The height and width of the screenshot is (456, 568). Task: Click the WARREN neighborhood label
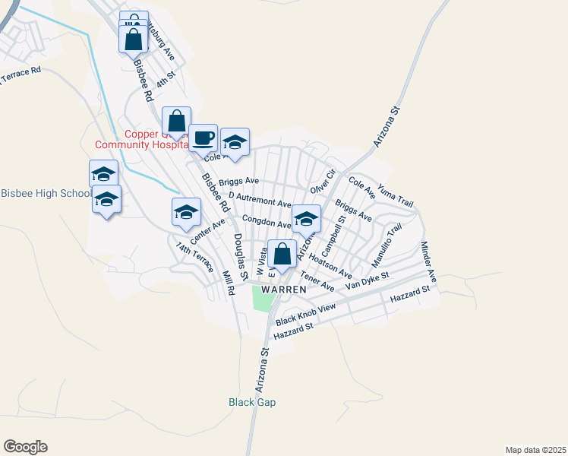click(283, 290)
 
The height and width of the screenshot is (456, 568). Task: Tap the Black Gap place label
click(252, 402)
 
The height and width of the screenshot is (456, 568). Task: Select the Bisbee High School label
click(46, 193)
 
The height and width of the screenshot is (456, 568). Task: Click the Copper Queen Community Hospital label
click(141, 139)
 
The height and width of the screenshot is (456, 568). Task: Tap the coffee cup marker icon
click(203, 138)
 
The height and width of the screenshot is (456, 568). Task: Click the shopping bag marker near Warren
click(282, 255)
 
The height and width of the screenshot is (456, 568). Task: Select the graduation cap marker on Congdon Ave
click(306, 219)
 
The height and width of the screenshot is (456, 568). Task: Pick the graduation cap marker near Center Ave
click(186, 213)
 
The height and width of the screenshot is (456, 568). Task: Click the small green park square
click(263, 300)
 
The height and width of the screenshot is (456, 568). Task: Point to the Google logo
click(25, 447)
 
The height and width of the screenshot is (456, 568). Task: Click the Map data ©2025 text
click(535, 449)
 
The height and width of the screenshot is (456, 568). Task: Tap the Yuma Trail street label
click(396, 197)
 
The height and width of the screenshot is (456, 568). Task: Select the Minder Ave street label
click(429, 260)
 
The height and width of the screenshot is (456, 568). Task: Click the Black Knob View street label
click(306, 313)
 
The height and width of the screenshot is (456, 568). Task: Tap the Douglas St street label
click(241, 255)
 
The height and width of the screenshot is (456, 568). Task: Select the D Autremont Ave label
click(260, 201)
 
